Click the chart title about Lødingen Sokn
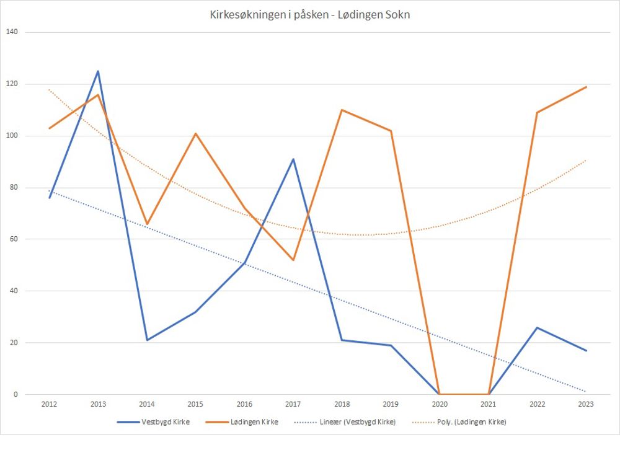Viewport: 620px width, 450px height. click(x=310, y=15)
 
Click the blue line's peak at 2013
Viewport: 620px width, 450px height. click(x=98, y=71)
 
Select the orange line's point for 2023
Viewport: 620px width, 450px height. click(x=586, y=87)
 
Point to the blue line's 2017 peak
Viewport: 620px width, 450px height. click(x=293, y=159)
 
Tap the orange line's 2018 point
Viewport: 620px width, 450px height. click(x=342, y=110)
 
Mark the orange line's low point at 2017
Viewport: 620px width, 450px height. click(x=293, y=260)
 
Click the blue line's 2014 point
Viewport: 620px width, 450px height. click(x=147, y=340)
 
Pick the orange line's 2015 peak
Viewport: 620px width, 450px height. click(x=195, y=133)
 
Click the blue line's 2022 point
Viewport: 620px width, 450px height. click(x=537, y=327)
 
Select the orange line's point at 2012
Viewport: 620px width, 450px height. click(x=50, y=128)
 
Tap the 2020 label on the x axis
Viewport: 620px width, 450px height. click(x=439, y=404)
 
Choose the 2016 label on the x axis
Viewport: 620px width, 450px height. click(x=244, y=404)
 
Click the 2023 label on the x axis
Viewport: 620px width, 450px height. click(x=586, y=404)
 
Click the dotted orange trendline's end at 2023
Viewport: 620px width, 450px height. click(x=586, y=160)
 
